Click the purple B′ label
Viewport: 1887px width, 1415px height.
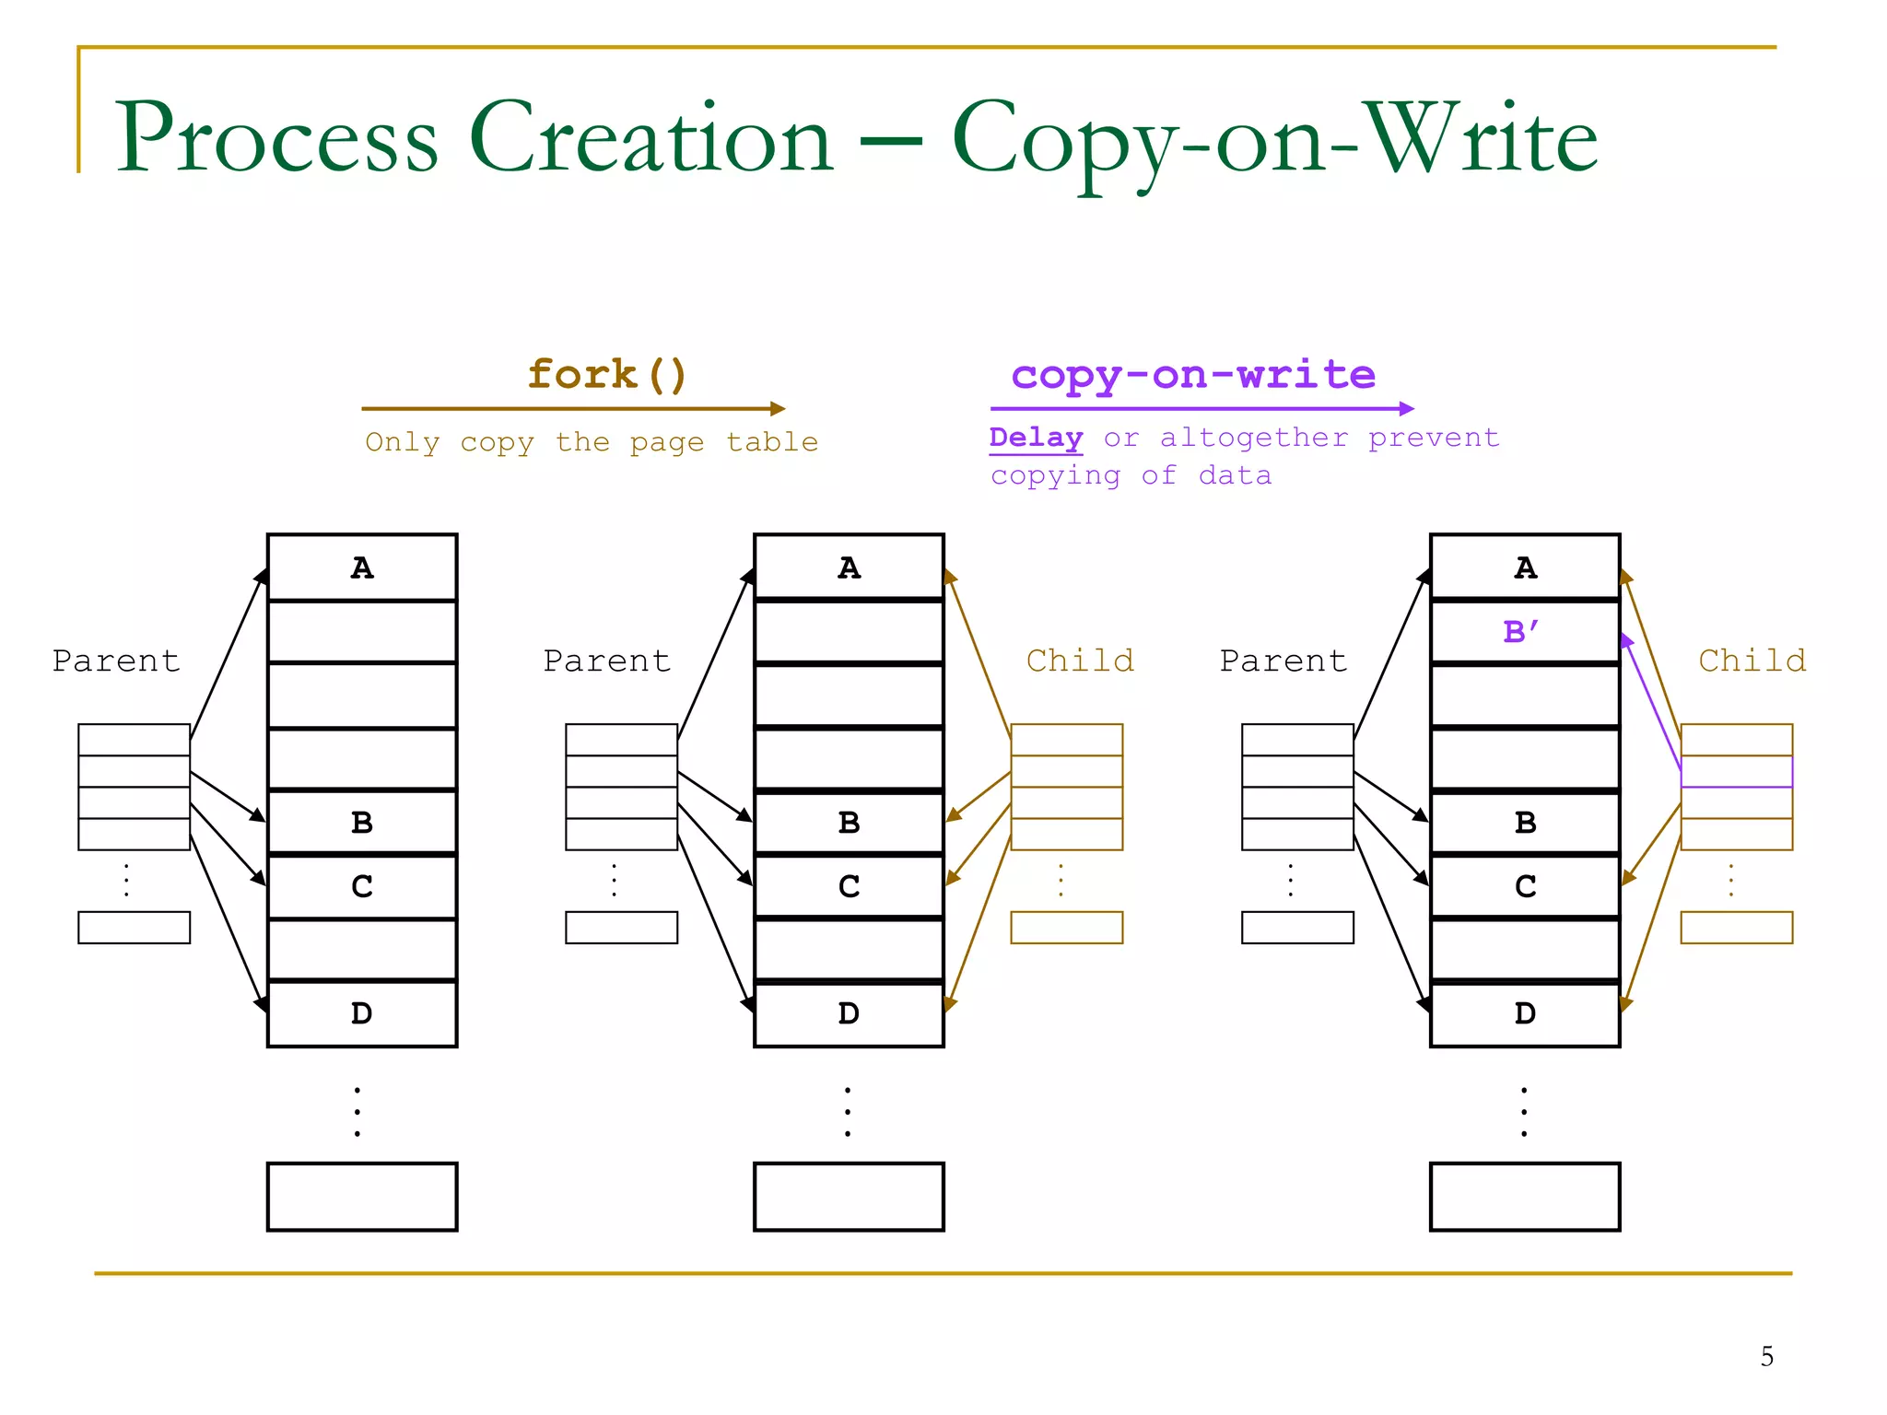click(1520, 632)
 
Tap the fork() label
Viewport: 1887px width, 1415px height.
click(607, 375)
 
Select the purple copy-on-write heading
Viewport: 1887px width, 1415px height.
click(1193, 375)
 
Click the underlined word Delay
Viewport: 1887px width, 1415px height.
click(1036, 438)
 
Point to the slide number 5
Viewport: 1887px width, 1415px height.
click(1766, 1356)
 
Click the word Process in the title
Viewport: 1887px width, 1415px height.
click(276, 138)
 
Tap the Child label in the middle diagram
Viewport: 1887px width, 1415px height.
click(1080, 661)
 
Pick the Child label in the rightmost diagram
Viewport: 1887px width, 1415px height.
click(1752, 661)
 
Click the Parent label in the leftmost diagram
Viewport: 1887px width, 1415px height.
click(116, 661)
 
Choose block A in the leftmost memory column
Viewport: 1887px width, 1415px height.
click(362, 567)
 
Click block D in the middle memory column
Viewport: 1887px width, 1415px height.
click(849, 1013)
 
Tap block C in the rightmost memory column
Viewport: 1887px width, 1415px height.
click(1525, 886)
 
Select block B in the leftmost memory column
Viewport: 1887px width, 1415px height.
click(362, 822)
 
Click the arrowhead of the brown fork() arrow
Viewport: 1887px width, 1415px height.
click(779, 408)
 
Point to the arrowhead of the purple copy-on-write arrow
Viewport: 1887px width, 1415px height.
click(1407, 408)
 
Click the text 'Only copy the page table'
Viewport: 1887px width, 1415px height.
click(592, 442)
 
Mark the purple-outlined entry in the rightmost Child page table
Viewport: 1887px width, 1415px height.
click(1736, 772)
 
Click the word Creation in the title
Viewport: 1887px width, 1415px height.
click(651, 138)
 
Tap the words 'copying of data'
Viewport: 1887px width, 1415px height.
click(1131, 475)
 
